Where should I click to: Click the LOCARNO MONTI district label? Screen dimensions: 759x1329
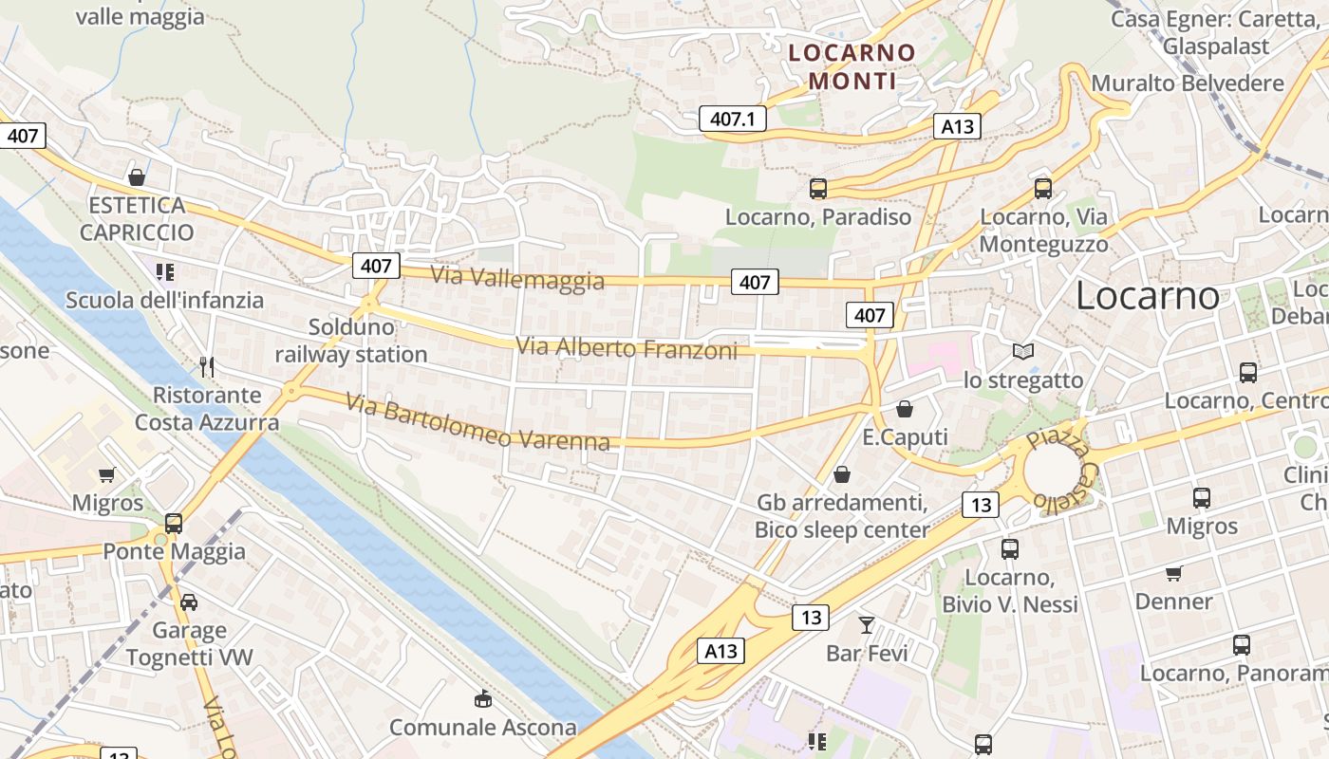[852, 66]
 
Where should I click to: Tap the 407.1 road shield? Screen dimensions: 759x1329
[732, 119]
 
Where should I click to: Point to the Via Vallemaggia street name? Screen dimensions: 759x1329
[517, 278]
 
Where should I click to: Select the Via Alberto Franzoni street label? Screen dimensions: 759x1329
[627, 348]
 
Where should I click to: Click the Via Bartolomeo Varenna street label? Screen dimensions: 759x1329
[477, 422]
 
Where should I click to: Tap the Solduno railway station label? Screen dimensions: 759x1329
[351, 341]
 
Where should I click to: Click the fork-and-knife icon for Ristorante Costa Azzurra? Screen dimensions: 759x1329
[207, 366]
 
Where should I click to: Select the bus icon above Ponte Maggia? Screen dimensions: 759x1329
[174, 523]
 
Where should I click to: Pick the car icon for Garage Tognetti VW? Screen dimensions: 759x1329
[189, 602]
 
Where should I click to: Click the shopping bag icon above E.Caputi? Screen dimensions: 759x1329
[905, 409]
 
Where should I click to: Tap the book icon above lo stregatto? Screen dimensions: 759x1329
[1023, 352]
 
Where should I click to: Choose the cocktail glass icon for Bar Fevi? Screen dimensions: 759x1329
[866, 624]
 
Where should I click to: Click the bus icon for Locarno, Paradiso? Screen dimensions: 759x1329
[818, 189]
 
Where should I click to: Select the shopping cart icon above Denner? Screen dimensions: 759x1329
[1174, 573]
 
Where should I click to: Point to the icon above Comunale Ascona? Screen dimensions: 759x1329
[483, 699]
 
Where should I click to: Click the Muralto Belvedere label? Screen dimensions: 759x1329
[1188, 83]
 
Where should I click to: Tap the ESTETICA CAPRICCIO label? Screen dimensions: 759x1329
[137, 218]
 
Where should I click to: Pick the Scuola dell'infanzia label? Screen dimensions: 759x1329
[164, 301]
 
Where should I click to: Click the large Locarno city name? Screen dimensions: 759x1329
[1147, 296]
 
